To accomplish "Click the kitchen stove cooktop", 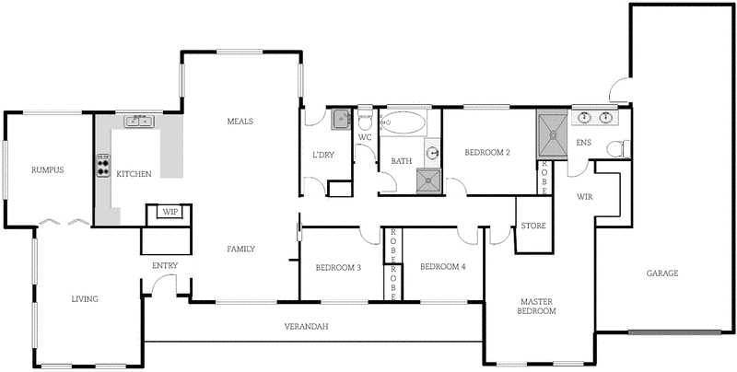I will coord(102,165).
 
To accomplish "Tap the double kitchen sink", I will coord(140,121).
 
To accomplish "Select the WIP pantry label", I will coord(170,212).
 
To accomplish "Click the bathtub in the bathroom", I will coord(403,122).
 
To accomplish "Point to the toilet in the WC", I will coord(365,121).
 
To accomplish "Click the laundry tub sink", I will coord(341,118).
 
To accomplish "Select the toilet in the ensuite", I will coord(622,146).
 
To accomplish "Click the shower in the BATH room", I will coord(428,181).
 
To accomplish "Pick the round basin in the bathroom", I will coord(432,153).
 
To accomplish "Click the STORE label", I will coord(532,226).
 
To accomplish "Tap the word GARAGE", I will coord(661,273).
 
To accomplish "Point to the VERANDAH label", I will coord(307,327).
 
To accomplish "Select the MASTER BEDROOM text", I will coord(538,307).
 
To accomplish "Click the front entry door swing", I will coord(164,285).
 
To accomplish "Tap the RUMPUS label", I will coord(46,169).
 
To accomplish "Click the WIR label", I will coord(584,197).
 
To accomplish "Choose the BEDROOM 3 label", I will coord(337,268).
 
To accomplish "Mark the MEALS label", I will coord(240,122).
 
